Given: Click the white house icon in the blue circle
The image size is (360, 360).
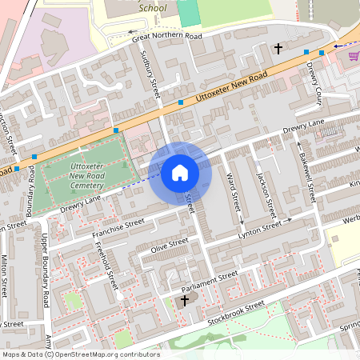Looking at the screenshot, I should pos(180,172).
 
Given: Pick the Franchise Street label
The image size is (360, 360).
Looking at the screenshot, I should pos(118,228).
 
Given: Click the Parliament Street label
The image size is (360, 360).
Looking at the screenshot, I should pos(210,280).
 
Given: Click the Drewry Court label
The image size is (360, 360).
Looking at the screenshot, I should pos(315,84).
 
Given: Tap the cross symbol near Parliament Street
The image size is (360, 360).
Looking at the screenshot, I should pos(185,301).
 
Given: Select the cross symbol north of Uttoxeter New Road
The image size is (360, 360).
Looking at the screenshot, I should pos(278,49).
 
